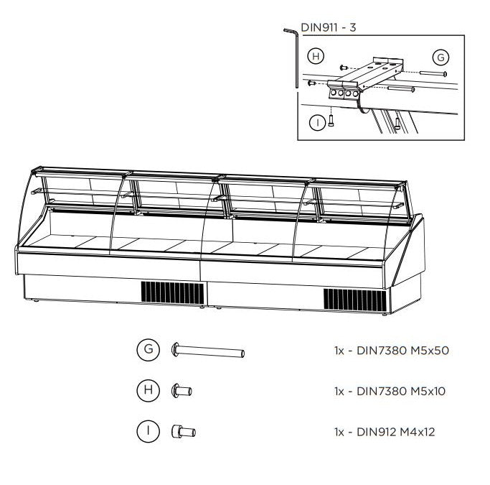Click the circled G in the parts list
click(149, 349)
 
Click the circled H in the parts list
click(149, 390)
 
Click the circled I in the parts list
click(149, 431)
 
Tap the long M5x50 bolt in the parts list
click(208, 350)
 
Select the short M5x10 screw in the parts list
click(182, 391)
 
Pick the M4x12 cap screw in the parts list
click(184, 432)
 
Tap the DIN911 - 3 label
click(328, 27)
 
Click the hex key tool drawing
click(293, 57)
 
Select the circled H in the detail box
click(316, 56)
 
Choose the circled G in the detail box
click(440, 57)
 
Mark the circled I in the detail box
click(318, 122)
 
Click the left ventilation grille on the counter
click(172, 292)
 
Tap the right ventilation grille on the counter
click(355, 300)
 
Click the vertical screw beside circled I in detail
click(331, 120)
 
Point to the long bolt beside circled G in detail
click(433, 73)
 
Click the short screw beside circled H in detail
click(343, 67)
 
